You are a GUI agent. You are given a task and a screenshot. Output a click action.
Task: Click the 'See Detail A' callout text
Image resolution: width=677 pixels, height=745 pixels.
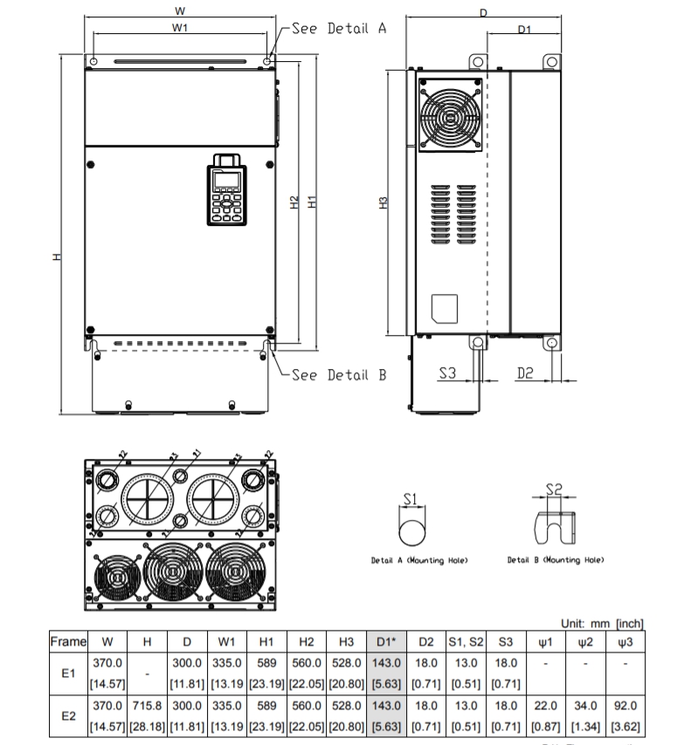pyautogui.click(x=338, y=28)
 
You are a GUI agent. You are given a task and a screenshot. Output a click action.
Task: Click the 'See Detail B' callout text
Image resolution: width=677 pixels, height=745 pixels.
pyautogui.click(x=338, y=376)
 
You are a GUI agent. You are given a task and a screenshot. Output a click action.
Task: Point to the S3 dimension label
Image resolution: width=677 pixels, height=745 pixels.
pyautogui.click(x=446, y=372)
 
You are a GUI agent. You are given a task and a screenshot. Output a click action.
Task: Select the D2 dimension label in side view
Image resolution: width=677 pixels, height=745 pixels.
pyautogui.click(x=525, y=372)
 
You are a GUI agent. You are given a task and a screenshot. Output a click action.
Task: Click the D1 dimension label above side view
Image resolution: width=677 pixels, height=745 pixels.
pyautogui.click(x=523, y=30)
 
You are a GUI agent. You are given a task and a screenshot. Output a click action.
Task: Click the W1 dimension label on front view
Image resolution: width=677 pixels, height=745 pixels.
pyautogui.click(x=181, y=28)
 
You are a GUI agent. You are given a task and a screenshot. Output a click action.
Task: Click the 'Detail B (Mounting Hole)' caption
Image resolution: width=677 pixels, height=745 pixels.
pyautogui.click(x=556, y=560)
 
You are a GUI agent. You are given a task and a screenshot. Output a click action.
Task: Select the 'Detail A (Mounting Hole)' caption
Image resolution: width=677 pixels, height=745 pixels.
pyautogui.click(x=418, y=560)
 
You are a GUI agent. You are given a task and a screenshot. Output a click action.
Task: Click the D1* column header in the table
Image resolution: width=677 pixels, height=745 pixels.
pyautogui.click(x=386, y=643)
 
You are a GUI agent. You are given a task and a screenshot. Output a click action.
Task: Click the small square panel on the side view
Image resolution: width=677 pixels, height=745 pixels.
pyautogui.click(x=446, y=307)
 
